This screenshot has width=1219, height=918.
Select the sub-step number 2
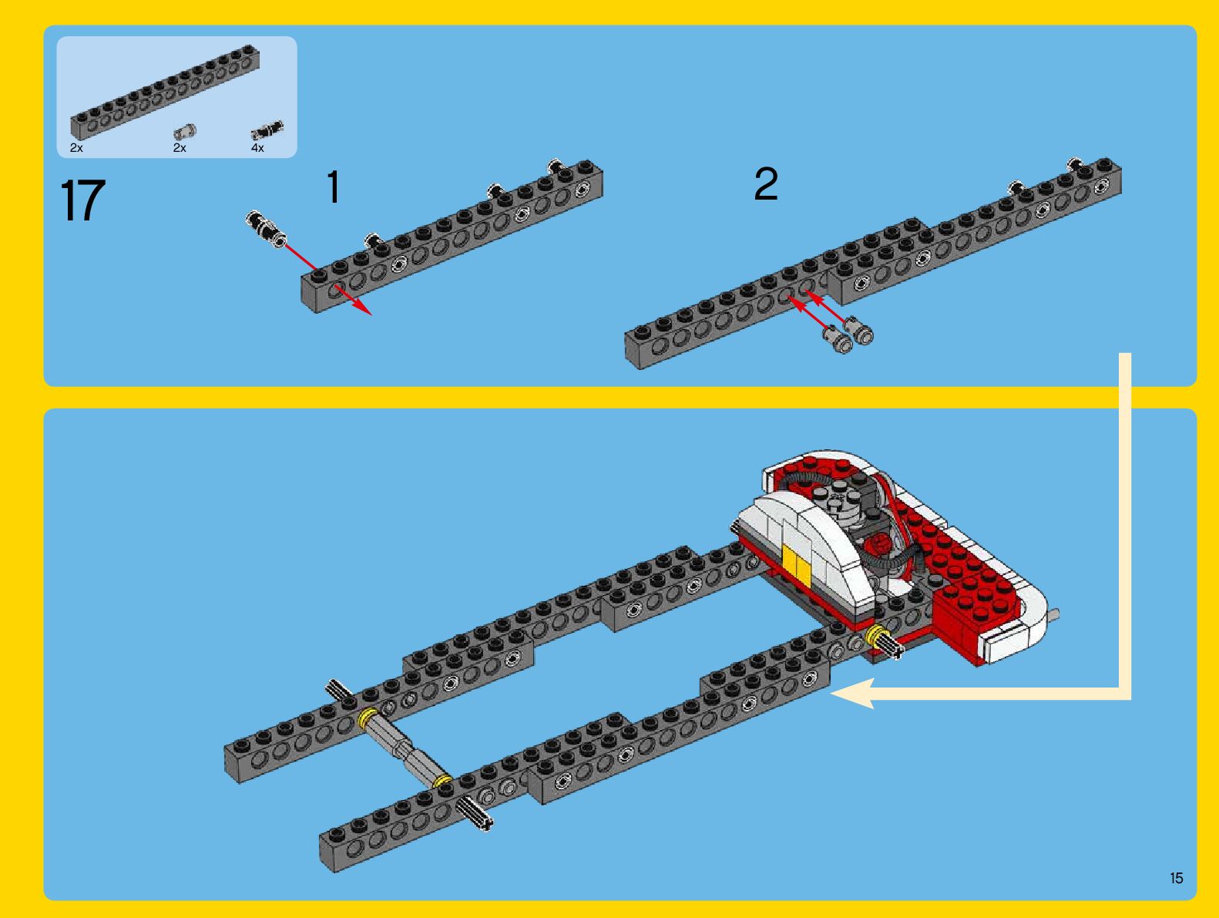point(766,184)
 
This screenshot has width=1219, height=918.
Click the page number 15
point(1177,878)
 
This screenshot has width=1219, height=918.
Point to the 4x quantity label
point(257,148)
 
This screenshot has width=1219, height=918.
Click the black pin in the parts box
point(267,130)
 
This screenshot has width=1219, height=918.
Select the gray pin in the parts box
point(184,132)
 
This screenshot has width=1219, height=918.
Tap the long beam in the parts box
point(165,92)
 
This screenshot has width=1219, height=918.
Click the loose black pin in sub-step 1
point(266,227)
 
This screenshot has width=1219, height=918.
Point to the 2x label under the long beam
point(76,148)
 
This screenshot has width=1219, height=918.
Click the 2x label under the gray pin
point(180,148)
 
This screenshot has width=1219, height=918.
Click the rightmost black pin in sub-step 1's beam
point(557,168)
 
